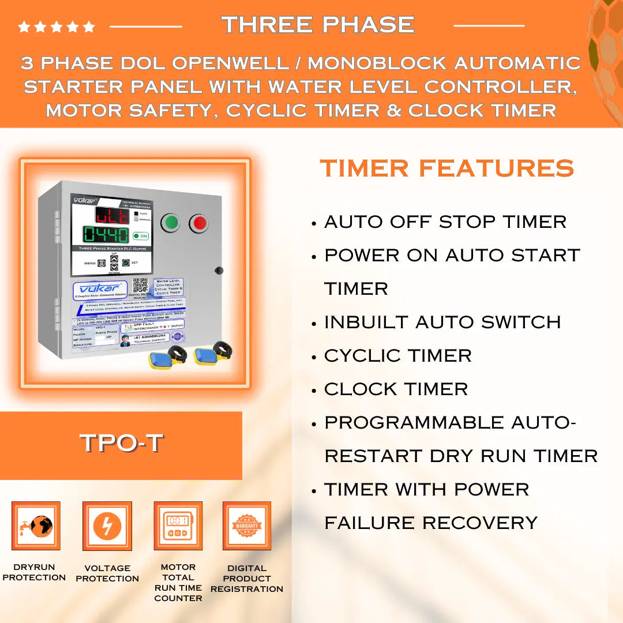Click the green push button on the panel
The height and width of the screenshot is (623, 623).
[x=170, y=223]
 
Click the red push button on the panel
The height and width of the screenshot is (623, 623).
[x=199, y=223]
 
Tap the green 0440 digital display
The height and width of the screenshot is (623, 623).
[x=106, y=235]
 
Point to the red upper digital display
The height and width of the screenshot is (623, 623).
[x=112, y=216]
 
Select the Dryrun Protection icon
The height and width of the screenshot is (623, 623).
[x=36, y=526]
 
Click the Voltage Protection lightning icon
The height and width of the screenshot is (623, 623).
[x=107, y=526]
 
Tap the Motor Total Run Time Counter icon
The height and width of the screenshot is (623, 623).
[x=178, y=526]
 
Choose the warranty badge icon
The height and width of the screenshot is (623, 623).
[x=247, y=526]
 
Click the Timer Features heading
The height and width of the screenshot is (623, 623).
[x=446, y=168]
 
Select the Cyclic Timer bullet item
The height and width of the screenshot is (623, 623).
[x=397, y=356]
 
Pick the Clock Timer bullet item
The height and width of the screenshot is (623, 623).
[x=396, y=389]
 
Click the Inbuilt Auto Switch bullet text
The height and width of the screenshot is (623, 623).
[x=442, y=322]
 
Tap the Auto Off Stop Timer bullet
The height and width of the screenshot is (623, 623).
[x=445, y=222]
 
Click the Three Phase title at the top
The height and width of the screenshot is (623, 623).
[x=318, y=25]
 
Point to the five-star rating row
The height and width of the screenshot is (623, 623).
[x=56, y=27]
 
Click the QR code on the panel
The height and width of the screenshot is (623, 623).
[x=140, y=285]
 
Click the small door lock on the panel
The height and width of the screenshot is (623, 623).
[x=218, y=270]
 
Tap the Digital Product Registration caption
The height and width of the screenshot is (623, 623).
[x=247, y=579]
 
